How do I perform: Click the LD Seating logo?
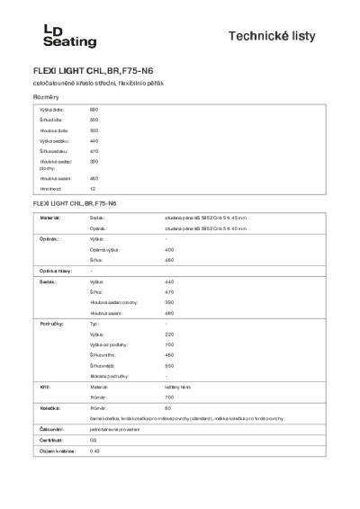(x=51, y=34)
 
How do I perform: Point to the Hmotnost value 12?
(x=92, y=189)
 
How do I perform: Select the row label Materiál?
(x=50, y=218)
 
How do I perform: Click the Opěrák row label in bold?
(x=49, y=239)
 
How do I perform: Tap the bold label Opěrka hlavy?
(x=54, y=271)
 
